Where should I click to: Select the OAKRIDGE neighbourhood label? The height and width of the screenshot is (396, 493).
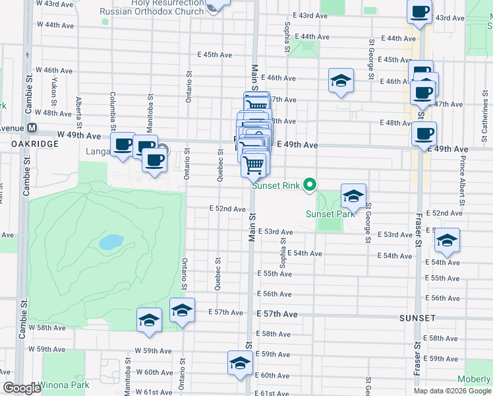coord(31,143)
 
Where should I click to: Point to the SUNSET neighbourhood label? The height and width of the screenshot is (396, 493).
coord(417,318)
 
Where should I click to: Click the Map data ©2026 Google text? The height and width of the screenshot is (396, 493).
coord(452,391)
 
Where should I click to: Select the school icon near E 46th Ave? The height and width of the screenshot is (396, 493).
coord(341,81)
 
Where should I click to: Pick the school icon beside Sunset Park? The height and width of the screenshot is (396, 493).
coord(353,195)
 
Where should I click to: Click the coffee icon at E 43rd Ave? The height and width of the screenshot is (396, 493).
coord(419,11)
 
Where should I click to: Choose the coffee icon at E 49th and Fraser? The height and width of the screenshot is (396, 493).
coord(424,133)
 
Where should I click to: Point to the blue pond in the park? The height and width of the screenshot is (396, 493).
coord(111,242)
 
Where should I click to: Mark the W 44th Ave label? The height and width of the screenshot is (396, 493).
coord(55,24)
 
